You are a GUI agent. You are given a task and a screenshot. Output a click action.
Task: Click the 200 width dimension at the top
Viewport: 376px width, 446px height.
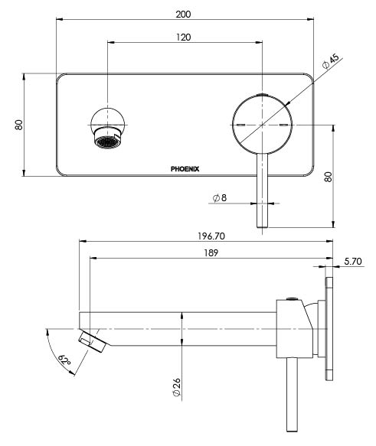point(184,14)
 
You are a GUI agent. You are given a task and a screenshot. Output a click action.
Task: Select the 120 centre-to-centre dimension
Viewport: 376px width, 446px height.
point(184,37)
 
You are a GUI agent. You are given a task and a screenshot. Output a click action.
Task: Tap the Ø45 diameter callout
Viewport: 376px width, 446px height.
point(331,63)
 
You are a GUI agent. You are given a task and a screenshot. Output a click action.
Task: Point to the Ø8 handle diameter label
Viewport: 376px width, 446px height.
point(218,198)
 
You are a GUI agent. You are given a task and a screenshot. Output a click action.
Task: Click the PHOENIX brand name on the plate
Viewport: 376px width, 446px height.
point(185,170)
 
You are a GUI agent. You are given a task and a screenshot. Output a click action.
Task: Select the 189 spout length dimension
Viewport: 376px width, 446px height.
point(211,252)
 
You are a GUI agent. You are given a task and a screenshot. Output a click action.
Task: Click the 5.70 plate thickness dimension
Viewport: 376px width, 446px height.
point(353,262)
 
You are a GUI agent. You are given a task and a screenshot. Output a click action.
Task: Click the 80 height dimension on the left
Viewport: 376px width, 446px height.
point(18,125)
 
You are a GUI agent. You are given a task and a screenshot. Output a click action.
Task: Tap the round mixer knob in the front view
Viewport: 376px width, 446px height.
point(263,125)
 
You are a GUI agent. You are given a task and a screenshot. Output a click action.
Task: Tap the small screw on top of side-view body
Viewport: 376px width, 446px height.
point(292,299)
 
